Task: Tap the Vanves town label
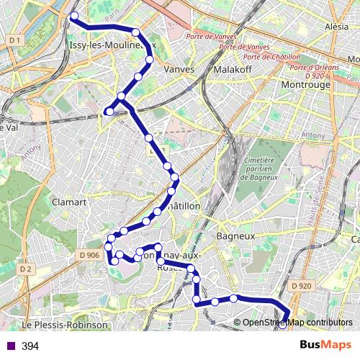[180, 70]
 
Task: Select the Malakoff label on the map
[232, 70]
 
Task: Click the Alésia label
[337, 26]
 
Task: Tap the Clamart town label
[69, 202]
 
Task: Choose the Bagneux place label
[236, 235]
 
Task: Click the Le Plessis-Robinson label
[65, 325]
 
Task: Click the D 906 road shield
[89, 256]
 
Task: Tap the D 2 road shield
[27, 269]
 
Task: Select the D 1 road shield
[14, 41]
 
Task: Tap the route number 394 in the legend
[30, 346]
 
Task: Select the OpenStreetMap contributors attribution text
[297, 323]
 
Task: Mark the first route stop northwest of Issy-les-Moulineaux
[74, 14]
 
